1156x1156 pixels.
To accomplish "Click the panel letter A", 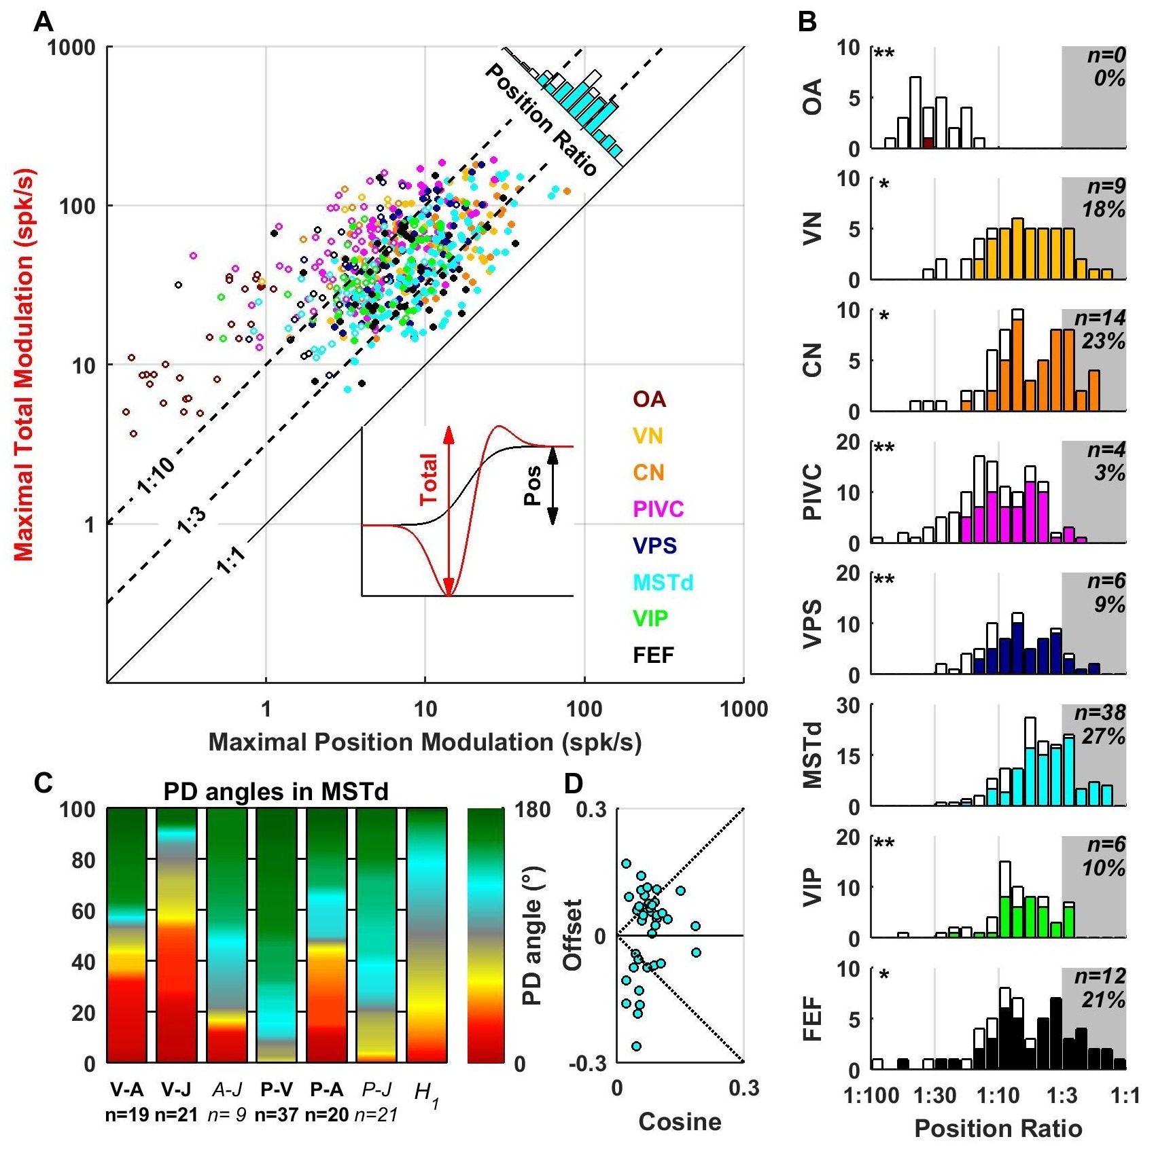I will tap(43, 22).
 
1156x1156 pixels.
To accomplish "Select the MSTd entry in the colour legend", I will tap(663, 582).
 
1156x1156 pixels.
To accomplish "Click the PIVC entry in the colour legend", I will tap(658, 509).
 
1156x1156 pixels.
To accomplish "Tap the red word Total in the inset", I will tap(429, 480).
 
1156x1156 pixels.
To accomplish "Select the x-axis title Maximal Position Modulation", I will tap(425, 742).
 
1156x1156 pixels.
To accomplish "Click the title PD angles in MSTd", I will tap(276, 792).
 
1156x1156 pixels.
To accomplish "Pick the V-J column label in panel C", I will tap(176, 1090).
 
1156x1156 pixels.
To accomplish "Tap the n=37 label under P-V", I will tap(277, 1115).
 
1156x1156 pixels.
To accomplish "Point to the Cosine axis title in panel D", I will tap(680, 1121).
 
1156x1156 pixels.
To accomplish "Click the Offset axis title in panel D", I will tap(573, 935).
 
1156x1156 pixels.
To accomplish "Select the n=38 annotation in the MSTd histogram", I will tap(1100, 712).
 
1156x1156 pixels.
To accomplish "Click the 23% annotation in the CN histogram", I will tap(1104, 341).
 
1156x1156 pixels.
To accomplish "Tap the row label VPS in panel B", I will tap(813, 624).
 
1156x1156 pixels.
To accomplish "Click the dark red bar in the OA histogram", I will tap(928, 143).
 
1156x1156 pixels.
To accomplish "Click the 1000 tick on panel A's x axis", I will tap(743, 709).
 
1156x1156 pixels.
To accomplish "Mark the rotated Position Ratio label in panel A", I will tap(541, 120).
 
